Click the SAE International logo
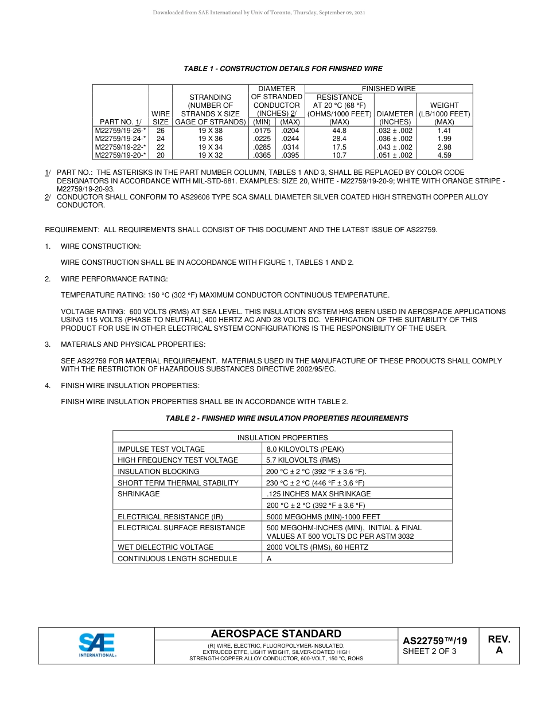click(97, 645)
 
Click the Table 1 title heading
click(283, 69)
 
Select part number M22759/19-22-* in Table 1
click(120, 147)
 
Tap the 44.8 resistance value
click(339, 131)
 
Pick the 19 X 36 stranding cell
click(211, 139)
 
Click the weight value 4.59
click(444, 155)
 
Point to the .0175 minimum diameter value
click(262, 131)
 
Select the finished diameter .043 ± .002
click(395, 147)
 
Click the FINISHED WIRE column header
click(388, 89)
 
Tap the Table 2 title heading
click(287, 418)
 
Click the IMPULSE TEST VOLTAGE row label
click(161, 449)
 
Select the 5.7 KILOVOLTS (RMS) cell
click(303, 460)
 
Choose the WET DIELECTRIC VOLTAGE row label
click(165, 547)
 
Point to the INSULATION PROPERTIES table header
click(282, 438)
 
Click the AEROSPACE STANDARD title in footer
click(276, 634)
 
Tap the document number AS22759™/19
click(435, 641)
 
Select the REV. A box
click(499, 645)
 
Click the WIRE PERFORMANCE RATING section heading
click(114, 279)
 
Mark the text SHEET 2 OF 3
click(430, 652)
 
